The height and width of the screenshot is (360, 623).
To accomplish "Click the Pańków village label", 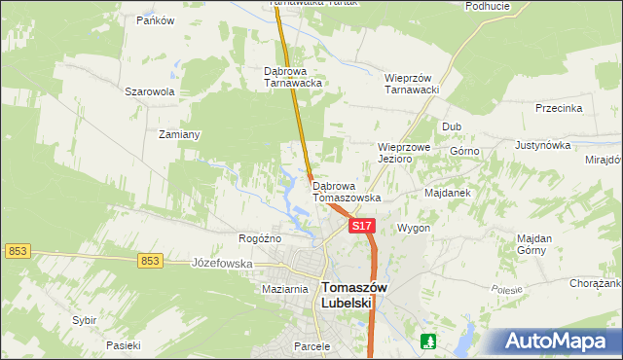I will click(x=156, y=20).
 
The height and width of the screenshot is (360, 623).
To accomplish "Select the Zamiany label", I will click(x=179, y=134).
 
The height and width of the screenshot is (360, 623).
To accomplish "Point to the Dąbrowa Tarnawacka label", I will click(x=293, y=77).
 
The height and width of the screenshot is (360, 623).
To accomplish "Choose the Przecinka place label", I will click(x=558, y=108).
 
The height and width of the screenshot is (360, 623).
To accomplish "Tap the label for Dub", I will click(x=452, y=126).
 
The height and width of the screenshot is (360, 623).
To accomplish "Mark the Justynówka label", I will click(x=542, y=145).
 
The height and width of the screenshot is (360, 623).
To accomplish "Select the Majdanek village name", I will click(x=448, y=193).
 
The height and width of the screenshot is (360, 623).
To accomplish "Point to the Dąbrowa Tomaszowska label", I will click(x=347, y=191).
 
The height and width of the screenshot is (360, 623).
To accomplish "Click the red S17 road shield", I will click(x=361, y=226).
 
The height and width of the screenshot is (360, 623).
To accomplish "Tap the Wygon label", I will click(x=414, y=228).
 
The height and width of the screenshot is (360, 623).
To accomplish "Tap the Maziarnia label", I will click(x=285, y=289).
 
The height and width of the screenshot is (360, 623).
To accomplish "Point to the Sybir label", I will click(x=85, y=319).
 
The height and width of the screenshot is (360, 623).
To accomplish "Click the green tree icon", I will click(x=427, y=342).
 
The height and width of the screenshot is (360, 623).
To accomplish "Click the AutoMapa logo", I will click(x=558, y=342).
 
